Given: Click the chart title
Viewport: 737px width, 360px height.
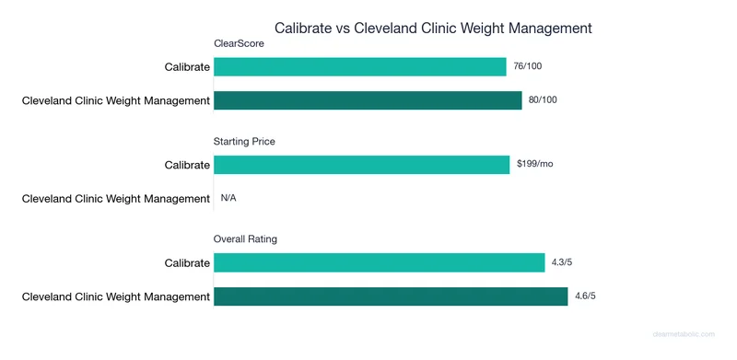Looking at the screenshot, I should point(433,28).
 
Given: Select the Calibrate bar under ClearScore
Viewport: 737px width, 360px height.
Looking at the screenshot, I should point(360,67).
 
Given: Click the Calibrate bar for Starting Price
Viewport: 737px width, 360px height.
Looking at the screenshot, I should point(361,165).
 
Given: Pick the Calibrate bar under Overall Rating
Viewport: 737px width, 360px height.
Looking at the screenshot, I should point(379,263).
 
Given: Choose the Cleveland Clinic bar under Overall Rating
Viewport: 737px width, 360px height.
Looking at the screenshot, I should point(391,296).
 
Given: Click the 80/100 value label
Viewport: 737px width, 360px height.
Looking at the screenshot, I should point(544,99).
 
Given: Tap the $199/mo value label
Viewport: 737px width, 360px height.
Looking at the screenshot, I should point(533,164).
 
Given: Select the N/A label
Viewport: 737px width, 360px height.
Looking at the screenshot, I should point(228,198).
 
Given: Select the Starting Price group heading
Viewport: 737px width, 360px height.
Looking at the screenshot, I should point(244,141).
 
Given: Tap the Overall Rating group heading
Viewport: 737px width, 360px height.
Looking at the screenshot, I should point(246,239).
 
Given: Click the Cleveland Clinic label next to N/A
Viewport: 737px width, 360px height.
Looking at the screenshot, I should point(116,198).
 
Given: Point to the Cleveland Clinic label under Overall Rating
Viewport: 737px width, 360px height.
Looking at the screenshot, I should point(116,296).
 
